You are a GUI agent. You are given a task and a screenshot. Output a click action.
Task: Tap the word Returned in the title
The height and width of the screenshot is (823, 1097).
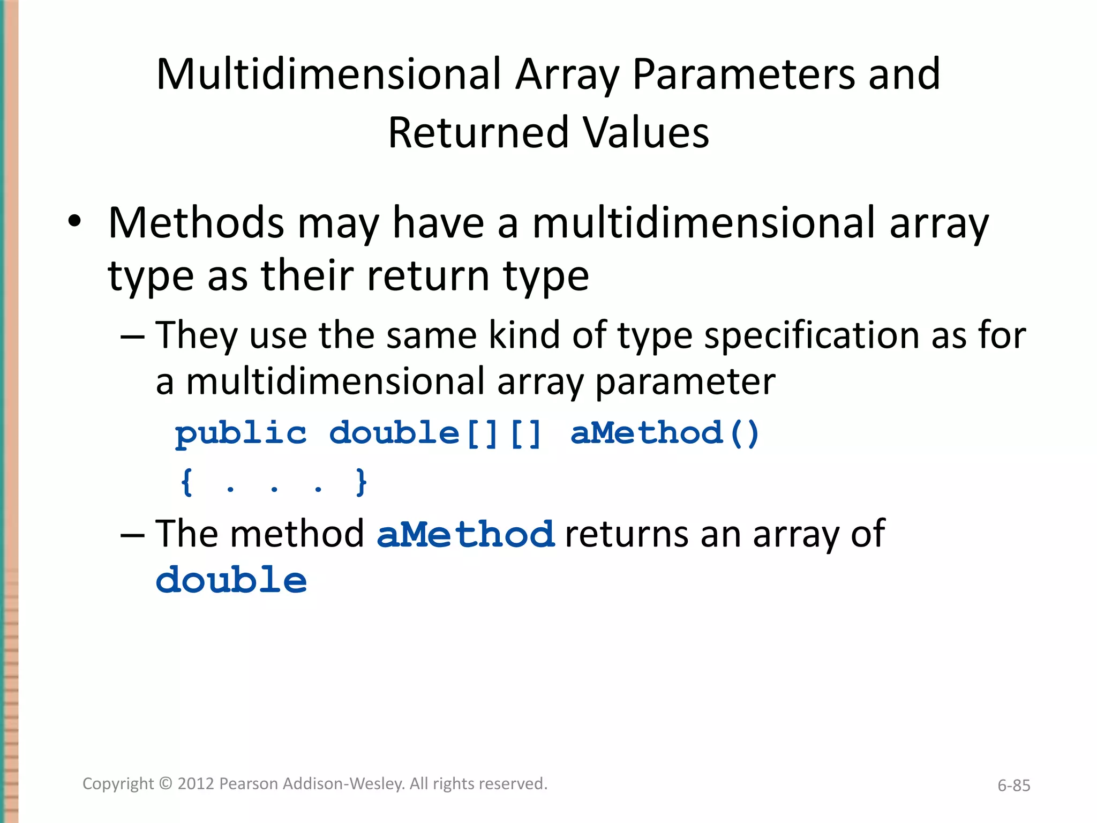[x=478, y=133]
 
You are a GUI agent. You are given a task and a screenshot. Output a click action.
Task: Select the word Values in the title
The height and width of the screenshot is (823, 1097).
[x=647, y=133]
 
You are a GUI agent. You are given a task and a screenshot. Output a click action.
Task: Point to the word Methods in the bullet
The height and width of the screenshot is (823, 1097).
[x=196, y=223]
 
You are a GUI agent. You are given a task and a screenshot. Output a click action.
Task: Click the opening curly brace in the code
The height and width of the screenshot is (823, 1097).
[x=186, y=482]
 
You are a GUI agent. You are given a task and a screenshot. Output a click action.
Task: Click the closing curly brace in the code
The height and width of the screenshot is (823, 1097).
[x=362, y=482]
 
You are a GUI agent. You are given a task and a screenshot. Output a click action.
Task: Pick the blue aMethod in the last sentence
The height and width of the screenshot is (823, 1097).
[x=465, y=534]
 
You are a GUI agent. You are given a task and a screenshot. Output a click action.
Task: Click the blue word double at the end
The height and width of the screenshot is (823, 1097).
[x=231, y=581]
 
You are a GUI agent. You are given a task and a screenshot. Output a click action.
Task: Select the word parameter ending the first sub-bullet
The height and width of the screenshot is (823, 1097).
[x=685, y=383]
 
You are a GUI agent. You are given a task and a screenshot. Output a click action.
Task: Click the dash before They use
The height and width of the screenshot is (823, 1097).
[x=132, y=337]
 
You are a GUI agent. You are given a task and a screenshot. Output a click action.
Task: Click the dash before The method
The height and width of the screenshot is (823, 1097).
[x=132, y=535]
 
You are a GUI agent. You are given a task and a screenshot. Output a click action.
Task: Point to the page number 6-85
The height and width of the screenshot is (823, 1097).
[x=1013, y=785]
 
